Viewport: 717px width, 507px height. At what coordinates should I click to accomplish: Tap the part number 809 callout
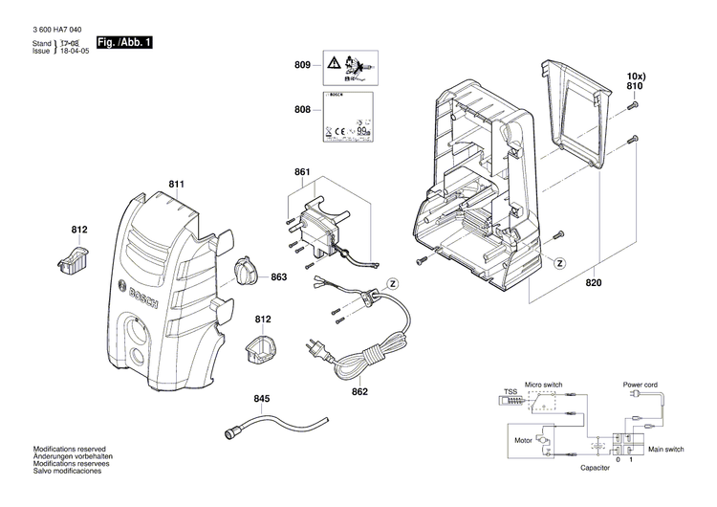[x=302, y=66]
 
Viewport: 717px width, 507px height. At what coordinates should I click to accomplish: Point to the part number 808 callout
[x=302, y=110]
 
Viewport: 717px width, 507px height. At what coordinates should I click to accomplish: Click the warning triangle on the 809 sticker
[x=334, y=63]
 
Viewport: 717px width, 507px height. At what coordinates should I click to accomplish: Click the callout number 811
[x=176, y=183]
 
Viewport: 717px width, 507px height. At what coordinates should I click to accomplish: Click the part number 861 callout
[x=302, y=172]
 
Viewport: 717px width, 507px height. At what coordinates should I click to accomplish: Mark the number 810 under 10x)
[x=634, y=86]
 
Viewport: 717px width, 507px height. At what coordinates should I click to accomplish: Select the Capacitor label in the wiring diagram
[x=595, y=469]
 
